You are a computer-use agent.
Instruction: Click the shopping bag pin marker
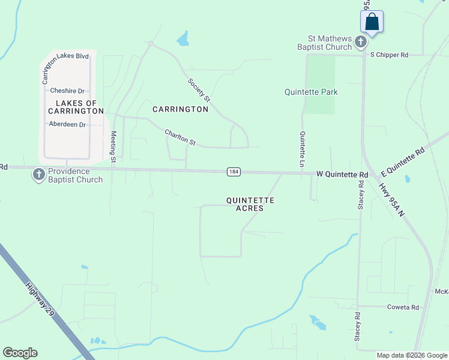372,22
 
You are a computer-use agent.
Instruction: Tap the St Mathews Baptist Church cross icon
361,42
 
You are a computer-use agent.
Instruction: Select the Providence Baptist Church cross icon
39,175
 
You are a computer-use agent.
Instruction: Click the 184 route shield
234,172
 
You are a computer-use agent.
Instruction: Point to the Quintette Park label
311,92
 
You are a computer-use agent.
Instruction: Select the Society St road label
199,90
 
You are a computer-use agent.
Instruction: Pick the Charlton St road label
181,138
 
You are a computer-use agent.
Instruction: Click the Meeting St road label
113,148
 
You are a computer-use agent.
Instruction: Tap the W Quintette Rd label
342,175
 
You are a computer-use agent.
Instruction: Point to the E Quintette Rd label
403,157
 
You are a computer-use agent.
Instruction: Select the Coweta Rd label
402,307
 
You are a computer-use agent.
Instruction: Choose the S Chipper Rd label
389,55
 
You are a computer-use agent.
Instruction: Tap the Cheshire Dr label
68,91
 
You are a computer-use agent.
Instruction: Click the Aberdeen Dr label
67,124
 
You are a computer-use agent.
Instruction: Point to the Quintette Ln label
303,149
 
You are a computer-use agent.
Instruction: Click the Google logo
20,353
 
